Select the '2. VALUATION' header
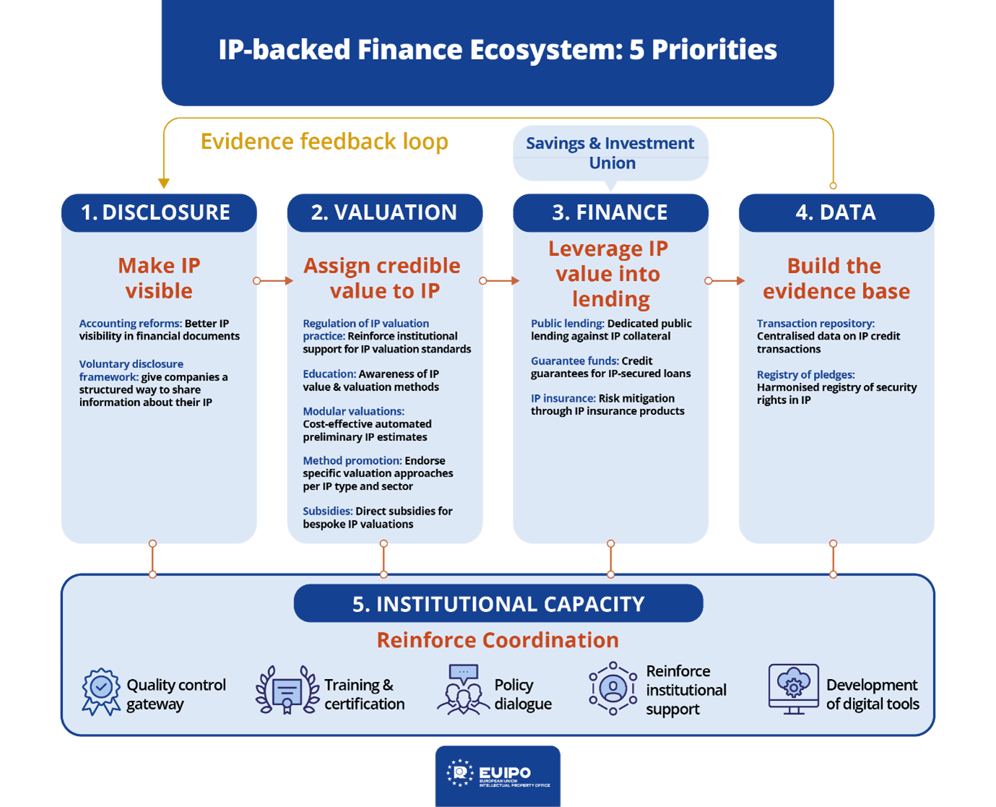384,212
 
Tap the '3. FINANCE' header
610,212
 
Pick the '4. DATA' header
836,212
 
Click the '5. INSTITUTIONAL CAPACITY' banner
498,603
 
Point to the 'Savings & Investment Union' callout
610,152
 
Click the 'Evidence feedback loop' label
324,141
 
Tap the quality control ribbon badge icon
101,691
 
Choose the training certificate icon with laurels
287,691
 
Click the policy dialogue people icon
462,691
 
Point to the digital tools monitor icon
793,689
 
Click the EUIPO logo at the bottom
498,775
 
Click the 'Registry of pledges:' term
805,374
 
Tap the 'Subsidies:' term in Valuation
327,511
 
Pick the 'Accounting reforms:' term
130,323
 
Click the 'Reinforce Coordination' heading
498,640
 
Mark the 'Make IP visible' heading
159,278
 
